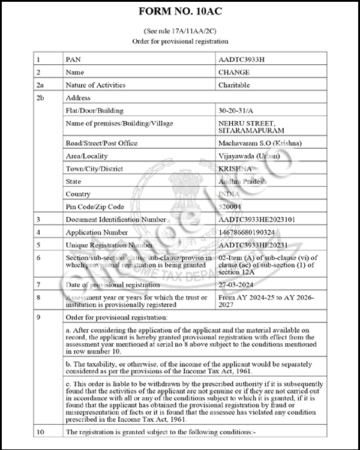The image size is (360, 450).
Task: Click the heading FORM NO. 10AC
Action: point(180,11)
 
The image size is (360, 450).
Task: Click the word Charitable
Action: point(234,85)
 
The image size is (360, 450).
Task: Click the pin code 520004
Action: point(231,206)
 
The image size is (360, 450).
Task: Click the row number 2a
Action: point(40,85)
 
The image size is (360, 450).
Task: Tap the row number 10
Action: point(40,431)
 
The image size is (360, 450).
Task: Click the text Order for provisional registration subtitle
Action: point(180,41)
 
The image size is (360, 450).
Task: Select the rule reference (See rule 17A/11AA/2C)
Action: point(180,30)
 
